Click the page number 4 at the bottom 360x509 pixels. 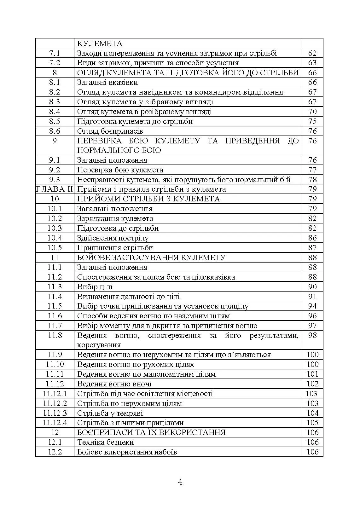tap(180, 482)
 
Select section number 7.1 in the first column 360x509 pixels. tap(55, 53)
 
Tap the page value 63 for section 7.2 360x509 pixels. tap(312, 63)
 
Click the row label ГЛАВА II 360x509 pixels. tap(55, 189)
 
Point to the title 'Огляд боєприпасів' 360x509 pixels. tap(110, 131)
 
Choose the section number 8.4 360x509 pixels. tap(55, 112)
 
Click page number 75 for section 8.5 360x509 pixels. tap(312, 121)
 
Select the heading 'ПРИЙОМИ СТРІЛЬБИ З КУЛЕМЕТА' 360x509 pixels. tap(148, 199)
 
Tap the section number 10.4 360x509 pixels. tap(55, 238)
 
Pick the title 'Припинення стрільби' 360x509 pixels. tap(115, 248)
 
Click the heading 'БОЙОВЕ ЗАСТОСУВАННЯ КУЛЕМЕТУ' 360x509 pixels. tap(151, 257)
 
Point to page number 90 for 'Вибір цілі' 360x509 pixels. tap(312, 287)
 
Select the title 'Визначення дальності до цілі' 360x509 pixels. tap(128, 297)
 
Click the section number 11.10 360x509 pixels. tap(55, 364)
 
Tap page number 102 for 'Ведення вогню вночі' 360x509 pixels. tap(312, 384)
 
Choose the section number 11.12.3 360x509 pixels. tap(55, 413)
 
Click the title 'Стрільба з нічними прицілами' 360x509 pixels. tap(130, 423)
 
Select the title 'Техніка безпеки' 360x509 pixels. tap(106, 442)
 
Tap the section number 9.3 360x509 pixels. tap(55, 180)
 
